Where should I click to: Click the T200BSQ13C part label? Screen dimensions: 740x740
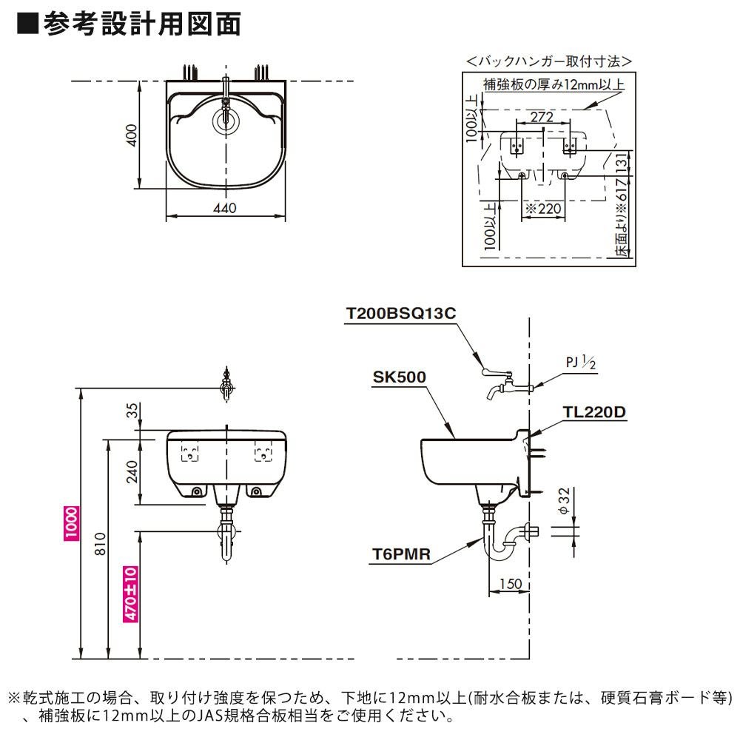tap(400, 313)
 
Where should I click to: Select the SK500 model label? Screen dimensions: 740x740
tap(400, 377)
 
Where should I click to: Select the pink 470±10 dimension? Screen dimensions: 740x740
tap(130, 594)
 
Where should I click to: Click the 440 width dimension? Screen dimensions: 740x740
tap(225, 208)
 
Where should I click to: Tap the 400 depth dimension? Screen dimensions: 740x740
tap(131, 135)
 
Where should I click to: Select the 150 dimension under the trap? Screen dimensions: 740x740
tap(509, 584)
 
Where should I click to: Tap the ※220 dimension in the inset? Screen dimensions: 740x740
tap(544, 209)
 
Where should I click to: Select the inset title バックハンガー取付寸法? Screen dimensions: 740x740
tap(548, 61)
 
